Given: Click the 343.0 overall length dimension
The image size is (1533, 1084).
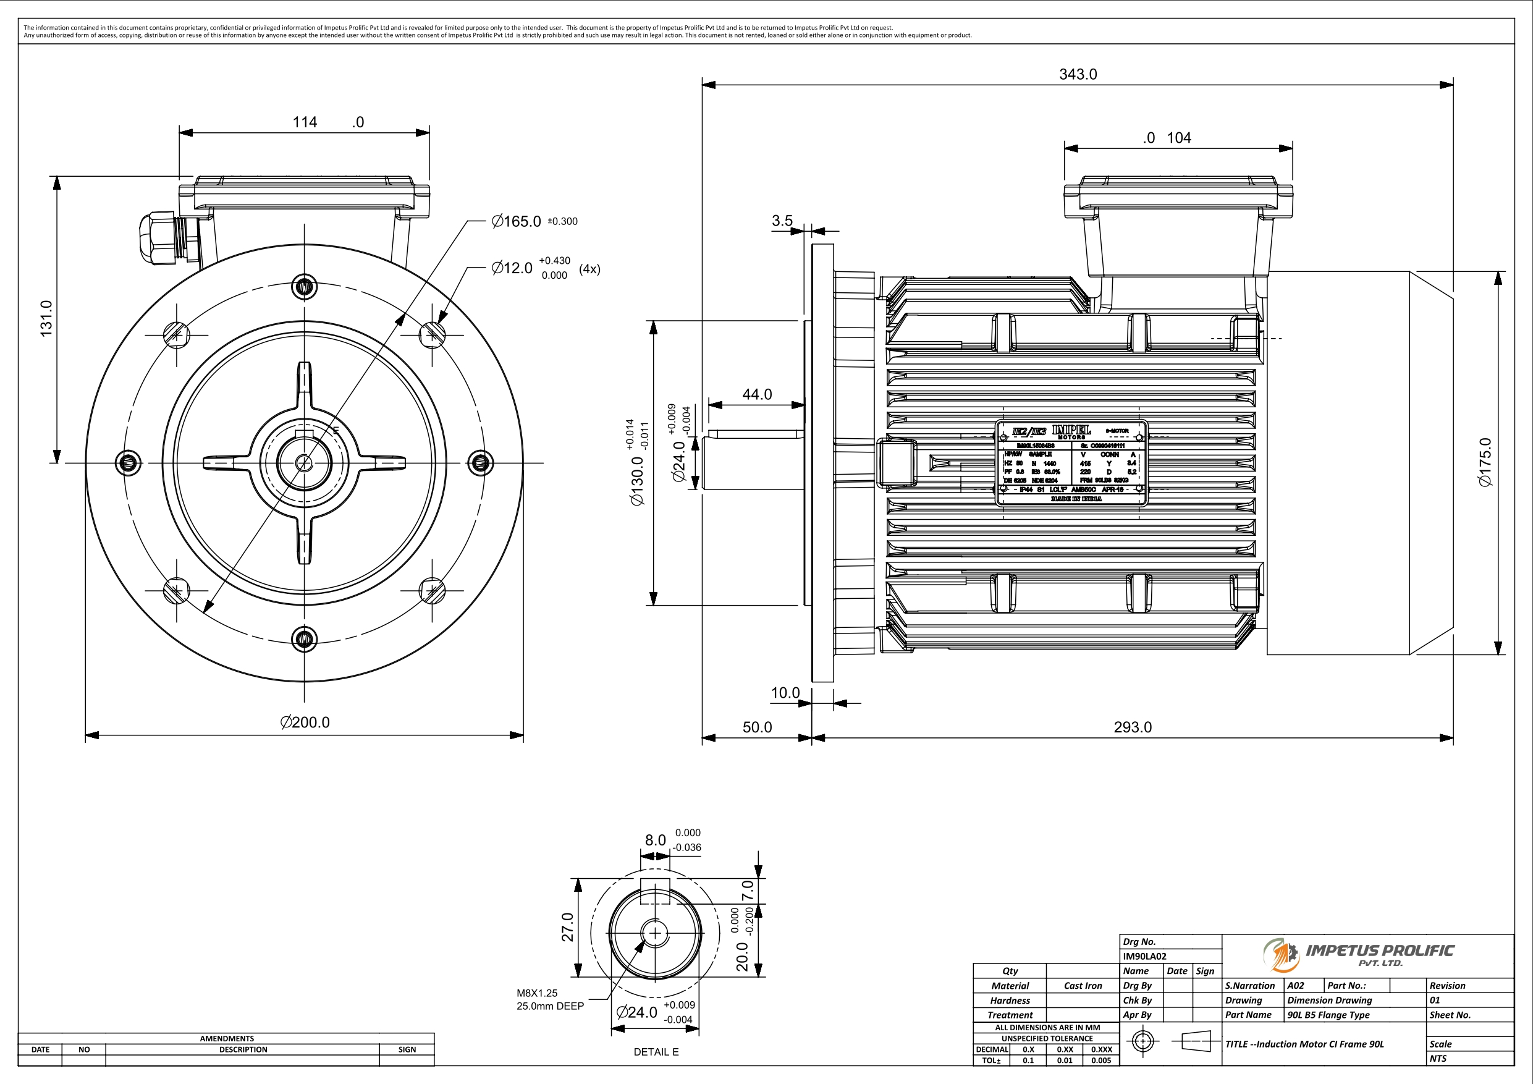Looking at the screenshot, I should (x=1078, y=75).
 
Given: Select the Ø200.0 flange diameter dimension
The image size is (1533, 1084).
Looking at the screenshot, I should (x=305, y=722).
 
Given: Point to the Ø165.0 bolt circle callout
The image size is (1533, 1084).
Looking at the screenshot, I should (x=516, y=222).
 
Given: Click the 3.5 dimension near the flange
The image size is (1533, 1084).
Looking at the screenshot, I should (x=782, y=221).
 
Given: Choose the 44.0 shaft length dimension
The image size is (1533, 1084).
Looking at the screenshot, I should (x=757, y=395).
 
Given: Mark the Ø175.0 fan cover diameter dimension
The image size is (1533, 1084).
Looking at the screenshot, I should (x=1485, y=462).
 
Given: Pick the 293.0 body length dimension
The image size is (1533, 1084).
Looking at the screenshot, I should (x=1133, y=727).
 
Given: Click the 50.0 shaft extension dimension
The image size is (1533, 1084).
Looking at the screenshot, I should (x=757, y=727).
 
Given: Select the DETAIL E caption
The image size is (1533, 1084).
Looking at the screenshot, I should (x=656, y=1052).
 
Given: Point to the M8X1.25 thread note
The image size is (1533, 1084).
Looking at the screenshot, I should (x=537, y=993).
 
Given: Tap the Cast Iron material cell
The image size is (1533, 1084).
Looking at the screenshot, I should (x=1083, y=986).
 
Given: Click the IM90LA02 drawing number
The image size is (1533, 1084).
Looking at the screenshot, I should (x=1144, y=957).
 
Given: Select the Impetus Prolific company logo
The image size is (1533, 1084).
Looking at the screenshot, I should (x=1358, y=954).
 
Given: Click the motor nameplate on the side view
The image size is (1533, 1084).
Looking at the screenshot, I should (x=1071, y=462).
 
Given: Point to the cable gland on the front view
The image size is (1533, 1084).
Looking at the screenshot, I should (x=158, y=239).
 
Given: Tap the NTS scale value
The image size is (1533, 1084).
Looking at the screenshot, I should (x=1438, y=1059).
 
